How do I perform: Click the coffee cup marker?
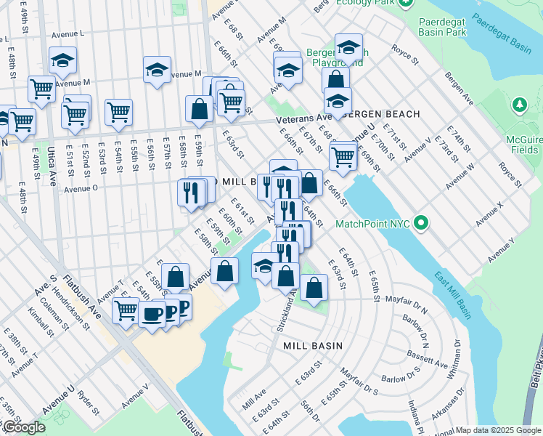tap(152, 314)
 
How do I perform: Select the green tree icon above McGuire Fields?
tap(519, 105)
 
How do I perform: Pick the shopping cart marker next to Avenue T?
tap(126, 310)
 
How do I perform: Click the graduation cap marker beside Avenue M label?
tap(157, 70)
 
